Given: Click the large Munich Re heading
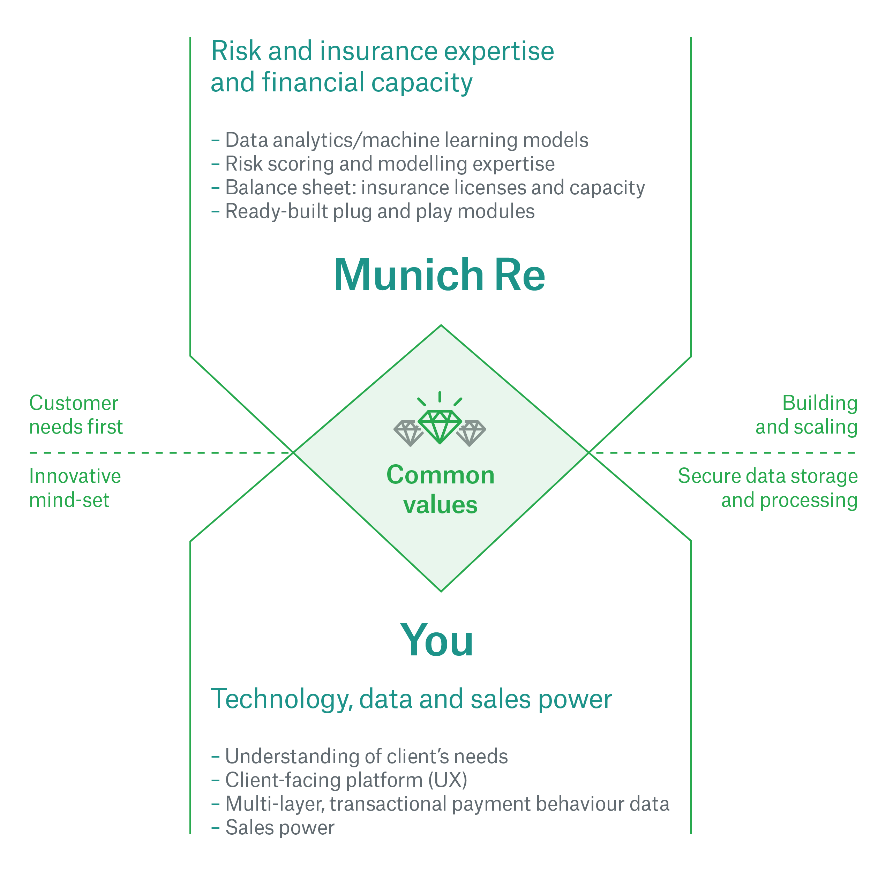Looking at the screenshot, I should (439, 275).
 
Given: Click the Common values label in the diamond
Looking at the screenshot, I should (440, 490).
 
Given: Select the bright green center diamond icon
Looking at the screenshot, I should (440, 426).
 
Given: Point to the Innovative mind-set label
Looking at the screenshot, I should (75, 488).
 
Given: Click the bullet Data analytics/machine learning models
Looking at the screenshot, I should (399, 140).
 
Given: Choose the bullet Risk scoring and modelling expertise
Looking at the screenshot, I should (383, 164).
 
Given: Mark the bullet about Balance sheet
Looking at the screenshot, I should (428, 188).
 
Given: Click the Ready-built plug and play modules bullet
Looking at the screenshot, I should (373, 212).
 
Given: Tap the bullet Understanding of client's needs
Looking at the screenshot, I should (360, 756).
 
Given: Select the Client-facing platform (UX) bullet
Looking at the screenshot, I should (339, 780).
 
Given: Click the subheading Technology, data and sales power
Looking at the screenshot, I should (411, 699).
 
